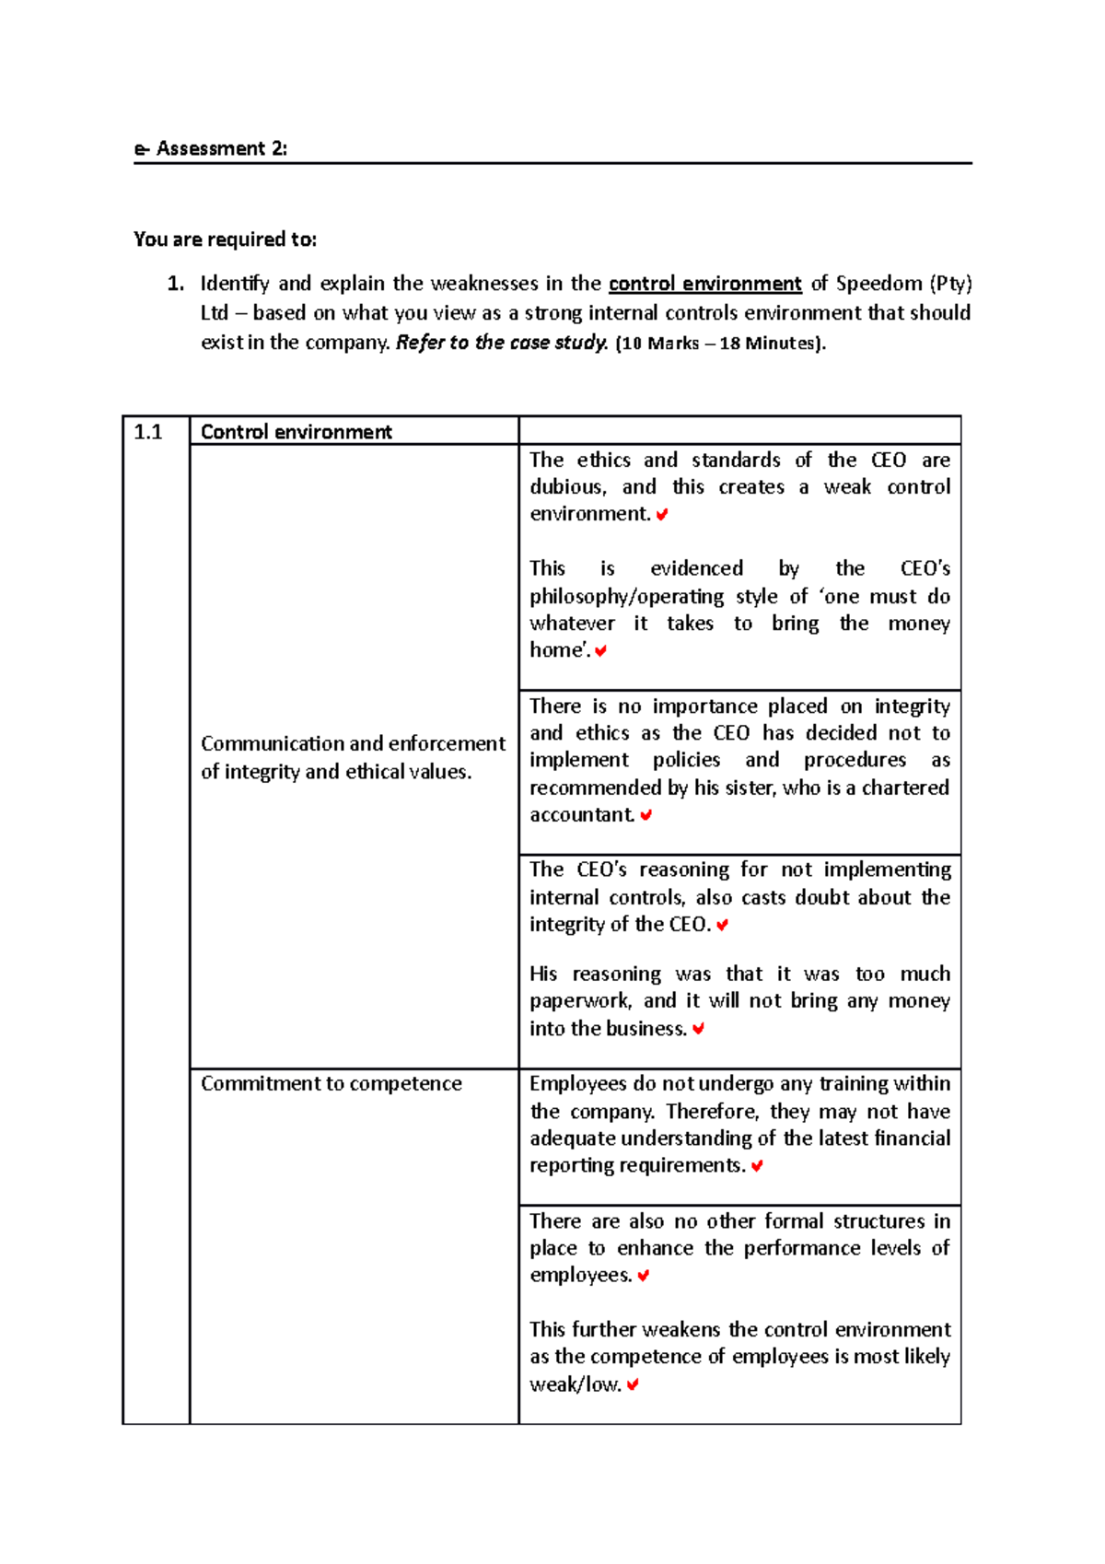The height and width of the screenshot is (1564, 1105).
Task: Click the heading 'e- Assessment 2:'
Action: coord(210,148)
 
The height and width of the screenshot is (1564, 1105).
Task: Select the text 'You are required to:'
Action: coord(225,239)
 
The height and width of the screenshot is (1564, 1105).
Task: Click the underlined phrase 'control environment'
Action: coord(704,284)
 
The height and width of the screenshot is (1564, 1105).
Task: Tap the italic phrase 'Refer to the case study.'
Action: coord(501,343)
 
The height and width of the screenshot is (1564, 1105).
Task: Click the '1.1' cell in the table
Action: coord(148,432)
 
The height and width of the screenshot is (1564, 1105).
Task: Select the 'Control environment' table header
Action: coord(296,432)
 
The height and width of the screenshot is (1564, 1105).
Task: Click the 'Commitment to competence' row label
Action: coord(331,1083)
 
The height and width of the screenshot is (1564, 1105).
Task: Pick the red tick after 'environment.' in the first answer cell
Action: coord(662,515)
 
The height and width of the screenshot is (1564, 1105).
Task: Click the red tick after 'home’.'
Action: coord(600,651)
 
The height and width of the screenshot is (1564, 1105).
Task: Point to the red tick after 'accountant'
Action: coord(646,815)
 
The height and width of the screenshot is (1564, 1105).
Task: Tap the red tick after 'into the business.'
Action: coord(698,1029)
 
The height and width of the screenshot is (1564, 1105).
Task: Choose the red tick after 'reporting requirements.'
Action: coord(757,1166)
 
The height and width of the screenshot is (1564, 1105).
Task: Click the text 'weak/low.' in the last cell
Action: coord(575,1384)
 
